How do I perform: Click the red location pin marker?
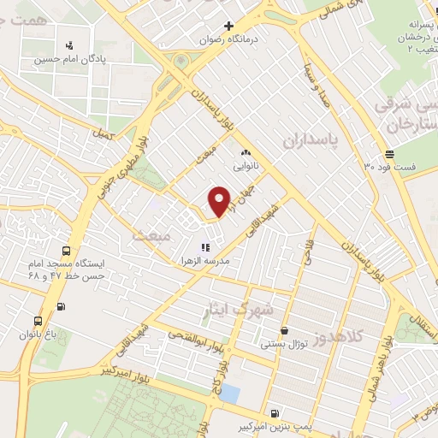tap(220, 201)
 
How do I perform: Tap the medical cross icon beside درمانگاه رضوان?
tap(228, 27)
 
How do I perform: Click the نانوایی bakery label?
tap(240, 168)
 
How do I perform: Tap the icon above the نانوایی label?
tap(244, 153)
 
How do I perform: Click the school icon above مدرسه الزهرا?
tap(204, 246)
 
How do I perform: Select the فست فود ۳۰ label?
tap(389, 167)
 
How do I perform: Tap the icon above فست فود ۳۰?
tap(390, 154)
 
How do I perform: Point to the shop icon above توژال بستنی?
tap(284, 331)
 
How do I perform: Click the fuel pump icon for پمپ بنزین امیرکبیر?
tap(273, 411)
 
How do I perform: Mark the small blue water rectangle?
tap(229, 395)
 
